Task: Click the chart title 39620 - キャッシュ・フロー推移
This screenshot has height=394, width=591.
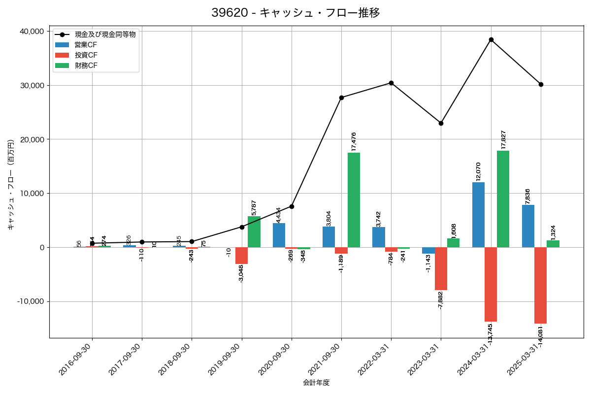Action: pos(295,13)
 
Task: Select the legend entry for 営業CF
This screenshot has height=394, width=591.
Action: pos(89,45)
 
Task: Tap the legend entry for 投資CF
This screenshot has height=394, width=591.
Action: pos(89,55)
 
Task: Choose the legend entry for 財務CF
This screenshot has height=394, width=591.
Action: pos(89,66)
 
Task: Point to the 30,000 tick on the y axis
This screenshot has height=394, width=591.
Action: pos(31,85)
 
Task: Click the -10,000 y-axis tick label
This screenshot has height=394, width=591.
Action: pos(29,301)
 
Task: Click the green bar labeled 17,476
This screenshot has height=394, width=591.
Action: pos(354,200)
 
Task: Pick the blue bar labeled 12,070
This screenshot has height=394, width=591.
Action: pos(478,215)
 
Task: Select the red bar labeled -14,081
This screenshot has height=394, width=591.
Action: pos(540,285)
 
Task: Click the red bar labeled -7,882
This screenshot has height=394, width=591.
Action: pos(441,268)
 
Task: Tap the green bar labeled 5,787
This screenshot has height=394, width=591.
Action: pos(254,231)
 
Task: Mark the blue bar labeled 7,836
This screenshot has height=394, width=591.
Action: pos(528,226)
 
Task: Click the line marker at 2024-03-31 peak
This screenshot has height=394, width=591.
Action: pos(491,39)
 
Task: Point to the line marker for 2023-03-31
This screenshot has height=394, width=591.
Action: pos(441,123)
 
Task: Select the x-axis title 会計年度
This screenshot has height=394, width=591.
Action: pos(316,383)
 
